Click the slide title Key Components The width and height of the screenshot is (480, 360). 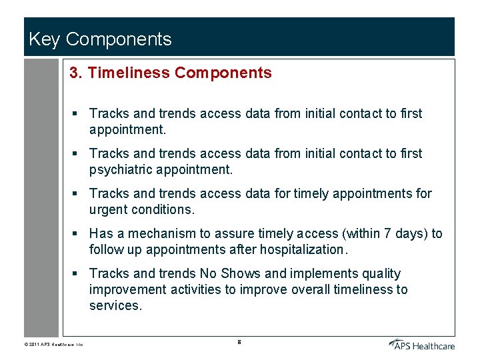tap(100, 39)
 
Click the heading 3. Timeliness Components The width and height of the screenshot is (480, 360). tap(171, 73)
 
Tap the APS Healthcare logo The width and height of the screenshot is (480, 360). tap(422, 344)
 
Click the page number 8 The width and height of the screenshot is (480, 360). tap(239, 342)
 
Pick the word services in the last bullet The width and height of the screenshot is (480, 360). tap(115, 305)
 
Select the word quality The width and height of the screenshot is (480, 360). tap(378, 273)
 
